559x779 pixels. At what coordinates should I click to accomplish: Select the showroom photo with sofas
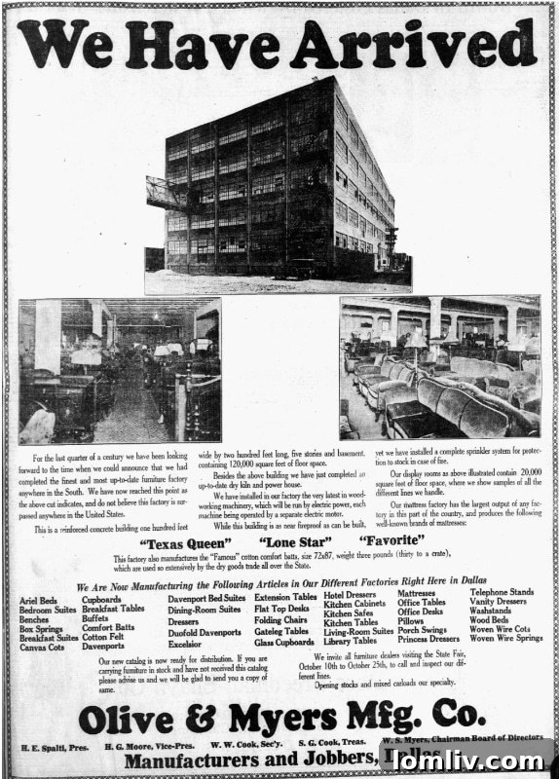point(439,368)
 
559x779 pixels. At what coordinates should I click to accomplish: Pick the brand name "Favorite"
point(391,541)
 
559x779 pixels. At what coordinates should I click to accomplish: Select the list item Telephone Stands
point(502,592)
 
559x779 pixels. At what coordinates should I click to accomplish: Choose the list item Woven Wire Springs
point(505,639)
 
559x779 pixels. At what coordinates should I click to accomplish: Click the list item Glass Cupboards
point(283,643)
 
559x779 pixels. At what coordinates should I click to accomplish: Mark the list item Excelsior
point(184,644)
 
